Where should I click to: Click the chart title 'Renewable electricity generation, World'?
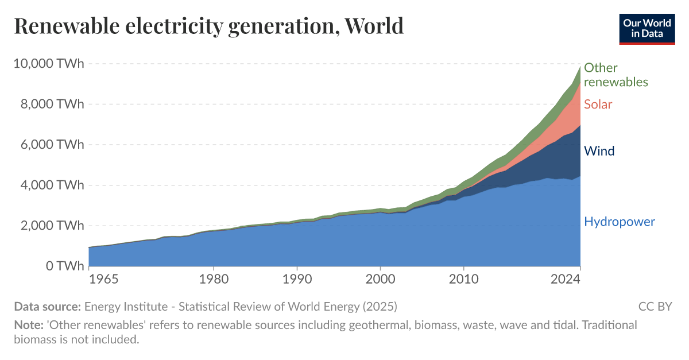pos(208,26)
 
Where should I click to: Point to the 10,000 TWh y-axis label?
pos(48,64)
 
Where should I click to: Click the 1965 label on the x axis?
pos(104,280)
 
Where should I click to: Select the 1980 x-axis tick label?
pos(214,280)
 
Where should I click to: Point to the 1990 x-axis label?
pos(297,280)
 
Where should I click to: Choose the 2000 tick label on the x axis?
pos(380,280)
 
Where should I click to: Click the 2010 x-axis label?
pos(463,280)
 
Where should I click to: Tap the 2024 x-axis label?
pos(565,280)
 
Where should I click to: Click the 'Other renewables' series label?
pos(616,75)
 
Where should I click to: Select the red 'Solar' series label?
pos(598,104)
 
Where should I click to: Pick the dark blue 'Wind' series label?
pos(599,151)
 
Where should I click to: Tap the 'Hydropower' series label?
pos(619,222)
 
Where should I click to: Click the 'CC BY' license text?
pos(655,307)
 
